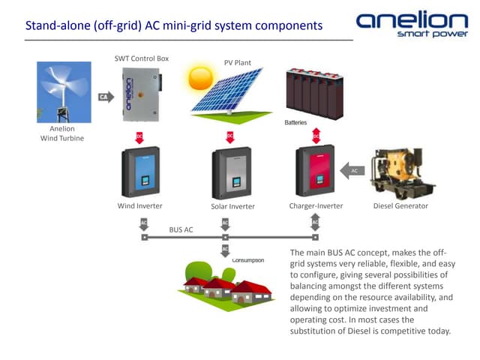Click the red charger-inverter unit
315,172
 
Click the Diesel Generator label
400,205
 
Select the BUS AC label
181,229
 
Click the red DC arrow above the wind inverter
139,136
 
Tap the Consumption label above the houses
248,260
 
